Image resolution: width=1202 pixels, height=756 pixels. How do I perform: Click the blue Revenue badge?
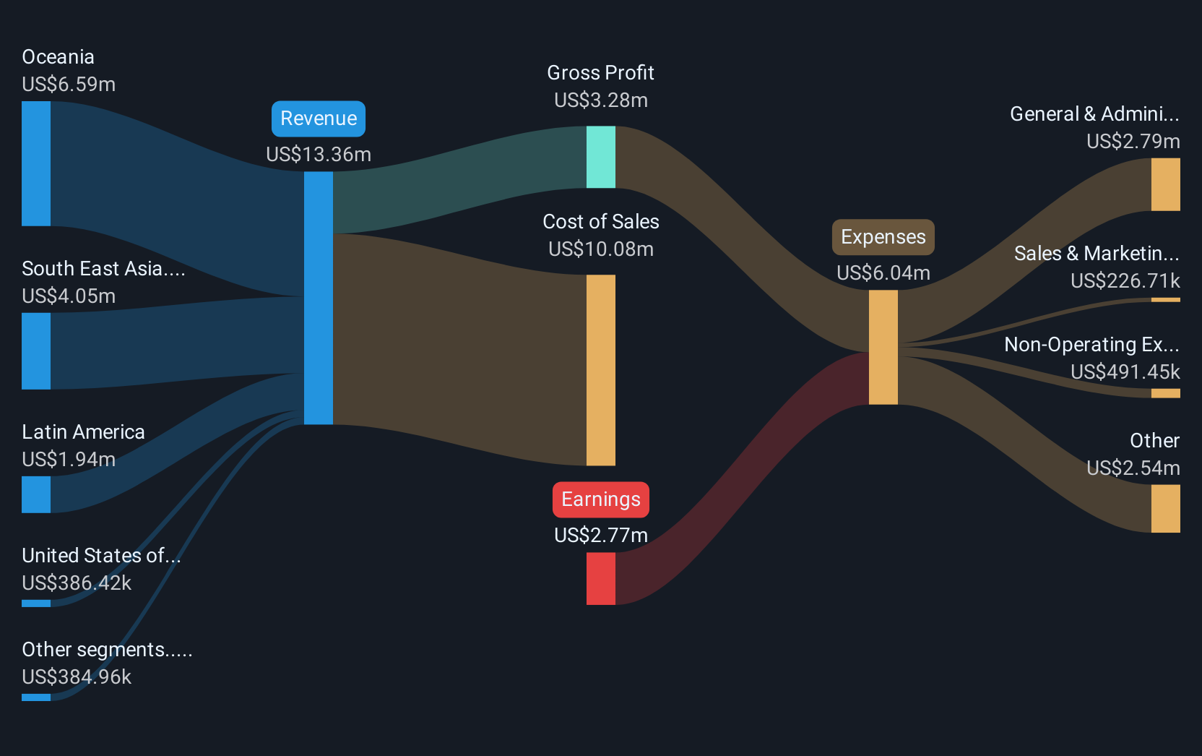coord(319,119)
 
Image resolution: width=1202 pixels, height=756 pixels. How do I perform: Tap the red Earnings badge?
coord(601,499)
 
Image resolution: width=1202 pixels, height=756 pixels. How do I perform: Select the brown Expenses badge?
coord(883,237)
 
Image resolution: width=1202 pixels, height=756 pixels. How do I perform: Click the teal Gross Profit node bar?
coord(601,157)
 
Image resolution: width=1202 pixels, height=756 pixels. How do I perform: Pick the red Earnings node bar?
coord(601,578)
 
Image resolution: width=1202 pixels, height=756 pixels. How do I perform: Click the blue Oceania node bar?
coord(36,163)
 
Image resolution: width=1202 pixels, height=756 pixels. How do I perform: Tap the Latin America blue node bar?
coord(36,494)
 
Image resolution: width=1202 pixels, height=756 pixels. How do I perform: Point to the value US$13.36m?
coord(319,155)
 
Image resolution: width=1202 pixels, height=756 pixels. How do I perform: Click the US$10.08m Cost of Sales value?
coord(601,249)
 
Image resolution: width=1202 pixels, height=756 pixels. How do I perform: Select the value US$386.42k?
coord(77,583)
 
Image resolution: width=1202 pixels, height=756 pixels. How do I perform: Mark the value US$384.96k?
coord(77,677)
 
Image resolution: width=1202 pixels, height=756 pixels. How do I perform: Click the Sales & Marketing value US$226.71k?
coord(1125,281)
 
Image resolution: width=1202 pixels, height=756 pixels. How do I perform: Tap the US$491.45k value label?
coord(1125,371)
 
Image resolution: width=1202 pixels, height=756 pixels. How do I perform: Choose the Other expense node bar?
coord(1165,509)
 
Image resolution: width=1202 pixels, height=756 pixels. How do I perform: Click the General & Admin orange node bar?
coord(1165,184)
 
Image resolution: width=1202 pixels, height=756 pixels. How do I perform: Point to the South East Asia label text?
coord(103,268)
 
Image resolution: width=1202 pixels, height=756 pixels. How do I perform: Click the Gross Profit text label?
coord(600,72)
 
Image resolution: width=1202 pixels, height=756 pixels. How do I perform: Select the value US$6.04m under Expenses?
coord(883,272)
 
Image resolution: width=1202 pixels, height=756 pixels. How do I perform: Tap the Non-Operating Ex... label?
coord(1092,345)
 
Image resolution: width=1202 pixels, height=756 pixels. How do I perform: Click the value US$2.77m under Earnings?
coord(601,536)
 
